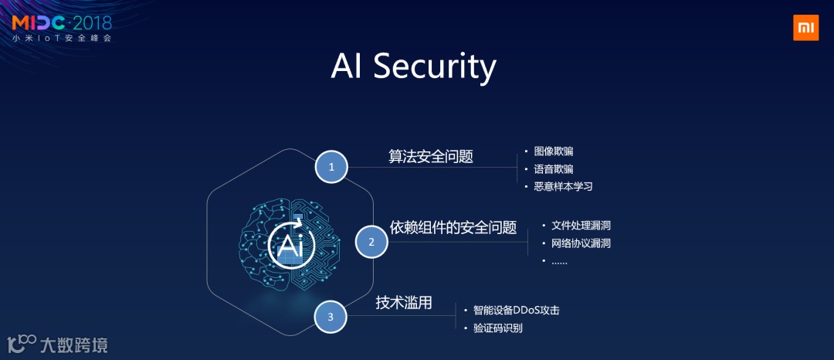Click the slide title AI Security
point(413,66)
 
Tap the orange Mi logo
point(805,27)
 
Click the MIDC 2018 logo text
point(62,20)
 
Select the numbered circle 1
point(331,166)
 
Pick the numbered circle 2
point(371,242)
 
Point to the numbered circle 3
point(331,317)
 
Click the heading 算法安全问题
point(430,156)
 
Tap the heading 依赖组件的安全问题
point(453,227)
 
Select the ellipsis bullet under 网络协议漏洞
point(559,261)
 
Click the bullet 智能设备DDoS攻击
point(516,310)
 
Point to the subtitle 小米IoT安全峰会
point(62,37)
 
